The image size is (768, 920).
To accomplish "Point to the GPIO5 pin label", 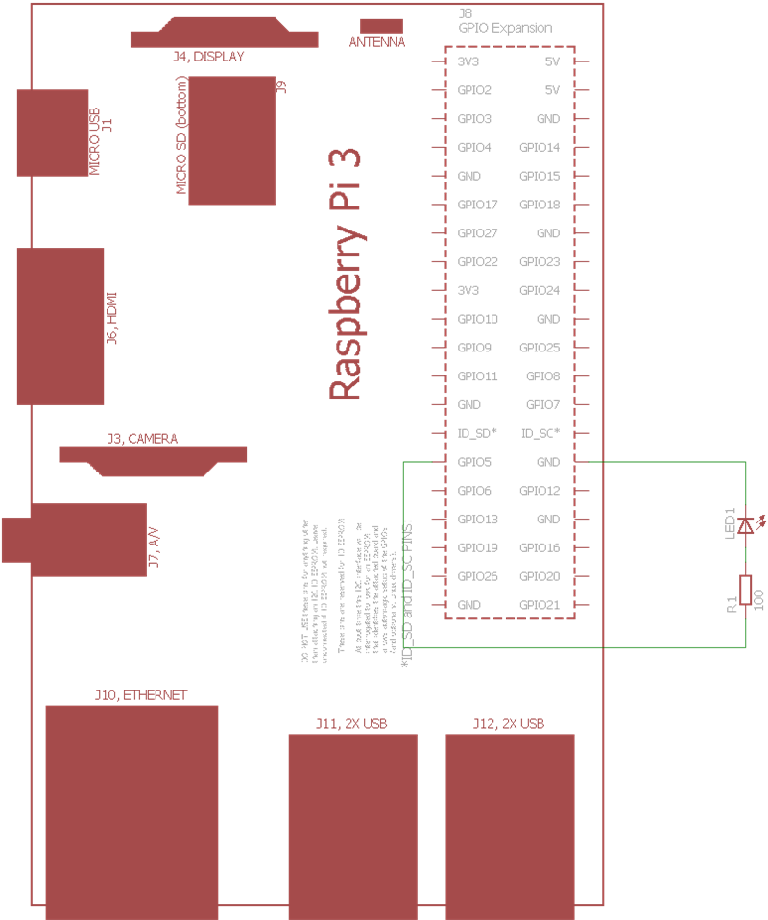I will point(475,462).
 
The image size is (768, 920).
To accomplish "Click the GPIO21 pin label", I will point(540,605).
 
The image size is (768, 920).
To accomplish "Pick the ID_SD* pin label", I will point(477,433).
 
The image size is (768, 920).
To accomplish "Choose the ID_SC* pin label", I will point(540,433).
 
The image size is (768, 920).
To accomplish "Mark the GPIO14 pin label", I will point(540,147).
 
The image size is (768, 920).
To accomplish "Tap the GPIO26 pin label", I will point(478,576).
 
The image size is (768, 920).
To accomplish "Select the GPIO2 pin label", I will point(475,90).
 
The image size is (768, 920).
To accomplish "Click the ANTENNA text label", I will point(376,43).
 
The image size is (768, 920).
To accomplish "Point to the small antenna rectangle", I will point(381,25).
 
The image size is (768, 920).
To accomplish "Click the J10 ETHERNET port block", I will point(132,811).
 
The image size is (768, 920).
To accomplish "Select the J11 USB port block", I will point(352,826).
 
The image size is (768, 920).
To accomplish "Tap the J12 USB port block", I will point(510,826).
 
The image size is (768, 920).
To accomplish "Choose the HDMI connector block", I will point(60,327).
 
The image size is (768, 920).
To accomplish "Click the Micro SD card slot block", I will point(232,139).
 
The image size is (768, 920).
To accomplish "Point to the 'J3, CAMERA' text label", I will point(142,439).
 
